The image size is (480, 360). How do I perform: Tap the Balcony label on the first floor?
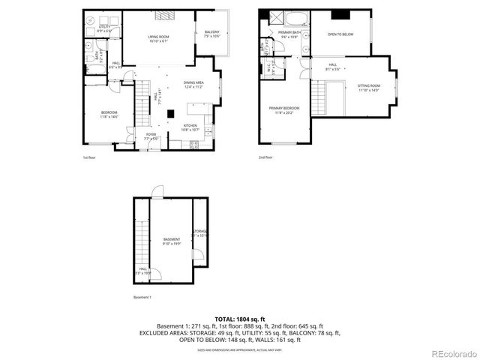211,33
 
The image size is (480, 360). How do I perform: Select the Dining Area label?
193,85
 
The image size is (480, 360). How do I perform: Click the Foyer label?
151,137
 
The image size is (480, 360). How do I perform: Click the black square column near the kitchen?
170,114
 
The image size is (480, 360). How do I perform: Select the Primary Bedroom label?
284,110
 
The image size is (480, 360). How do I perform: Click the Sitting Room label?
368,88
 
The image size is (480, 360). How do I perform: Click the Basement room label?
172,241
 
